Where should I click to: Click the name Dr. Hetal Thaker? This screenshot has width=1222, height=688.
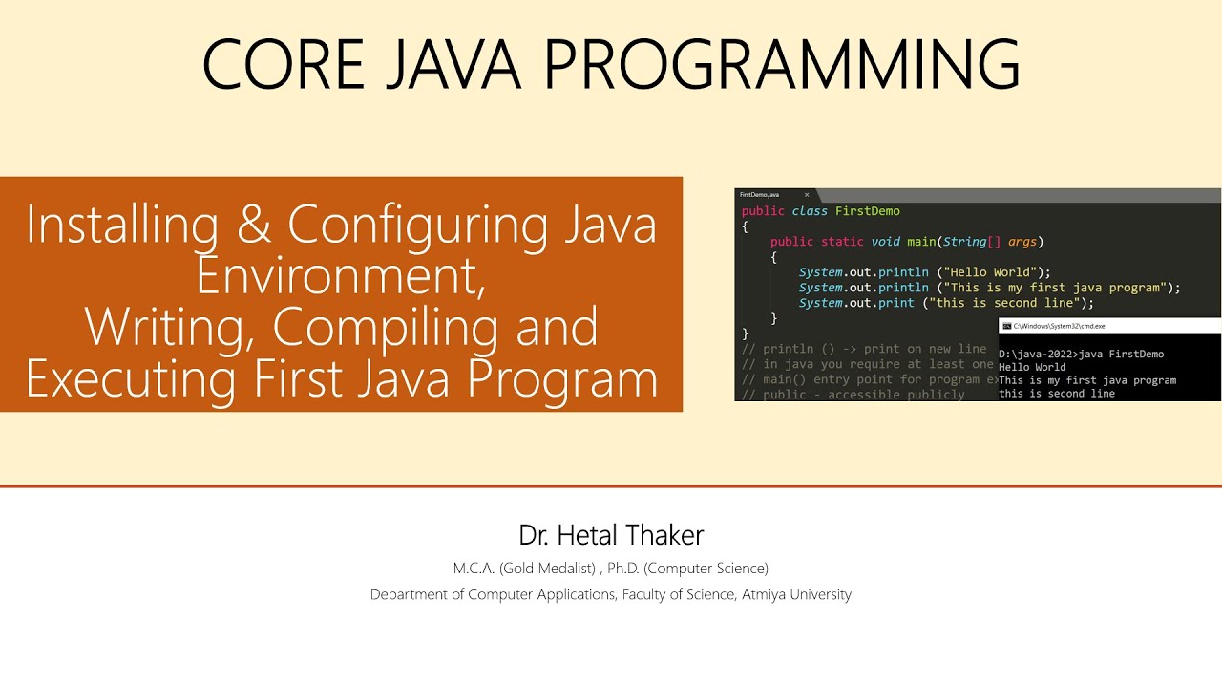(x=611, y=534)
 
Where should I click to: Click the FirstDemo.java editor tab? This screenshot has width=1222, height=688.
(x=761, y=195)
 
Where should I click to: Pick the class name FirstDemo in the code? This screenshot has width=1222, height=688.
(x=867, y=211)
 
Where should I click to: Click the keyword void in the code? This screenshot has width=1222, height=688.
(x=886, y=242)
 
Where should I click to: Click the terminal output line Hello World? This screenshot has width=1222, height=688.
(x=1032, y=367)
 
